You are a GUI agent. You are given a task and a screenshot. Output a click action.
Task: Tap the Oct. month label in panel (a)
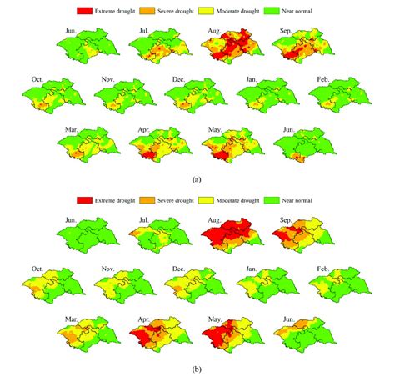(37, 79)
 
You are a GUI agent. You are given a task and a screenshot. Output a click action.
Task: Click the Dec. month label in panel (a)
(178, 79)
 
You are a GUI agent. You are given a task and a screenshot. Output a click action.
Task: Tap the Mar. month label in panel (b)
(71, 318)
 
